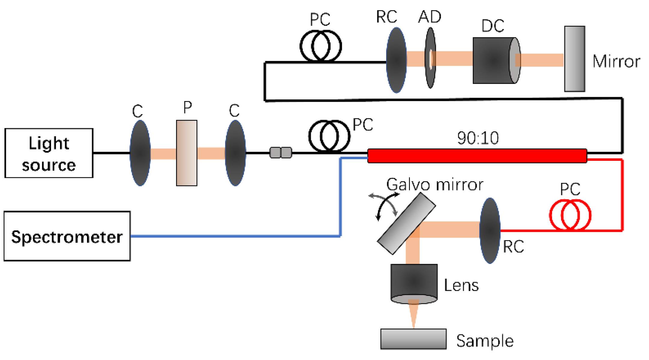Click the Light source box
click(x=49, y=153)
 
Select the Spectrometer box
click(x=67, y=236)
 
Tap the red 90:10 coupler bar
click(x=477, y=156)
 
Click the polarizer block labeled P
click(x=187, y=153)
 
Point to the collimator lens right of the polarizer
click(x=236, y=153)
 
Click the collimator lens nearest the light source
click(x=140, y=153)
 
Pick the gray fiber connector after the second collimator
click(x=281, y=152)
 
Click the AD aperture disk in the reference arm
click(x=430, y=58)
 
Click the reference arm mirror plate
click(x=574, y=59)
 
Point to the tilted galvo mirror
click(x=406, y=223)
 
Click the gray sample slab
click(x=413, y=339)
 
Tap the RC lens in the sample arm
click(x=490, y=230)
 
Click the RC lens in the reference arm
click(x=396, y=60)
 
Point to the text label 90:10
click(x=478, y=138)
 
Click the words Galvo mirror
click(x=434, y=184)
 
